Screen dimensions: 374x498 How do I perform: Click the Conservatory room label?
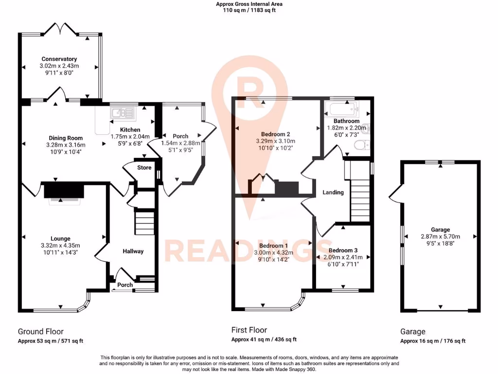(x=59, y=59)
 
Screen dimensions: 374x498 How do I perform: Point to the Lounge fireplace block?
(x=64, y=190)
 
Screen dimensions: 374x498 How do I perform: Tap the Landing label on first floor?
(x=333, y=192)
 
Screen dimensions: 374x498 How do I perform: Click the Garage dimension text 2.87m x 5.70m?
(x=440, y=236)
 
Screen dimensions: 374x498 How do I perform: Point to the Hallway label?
(x=133, y=251)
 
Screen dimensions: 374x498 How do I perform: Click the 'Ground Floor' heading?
(x=41, y=332)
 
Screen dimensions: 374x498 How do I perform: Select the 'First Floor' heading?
(x=249, y=330)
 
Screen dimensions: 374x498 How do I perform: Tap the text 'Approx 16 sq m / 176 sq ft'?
(x=433, y=341)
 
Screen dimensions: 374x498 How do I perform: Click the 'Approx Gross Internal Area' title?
(x=249, y=4)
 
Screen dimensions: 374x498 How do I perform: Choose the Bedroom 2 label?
(x=275, y=134)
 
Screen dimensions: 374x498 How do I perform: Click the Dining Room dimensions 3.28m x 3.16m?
(x=65, y=145)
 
